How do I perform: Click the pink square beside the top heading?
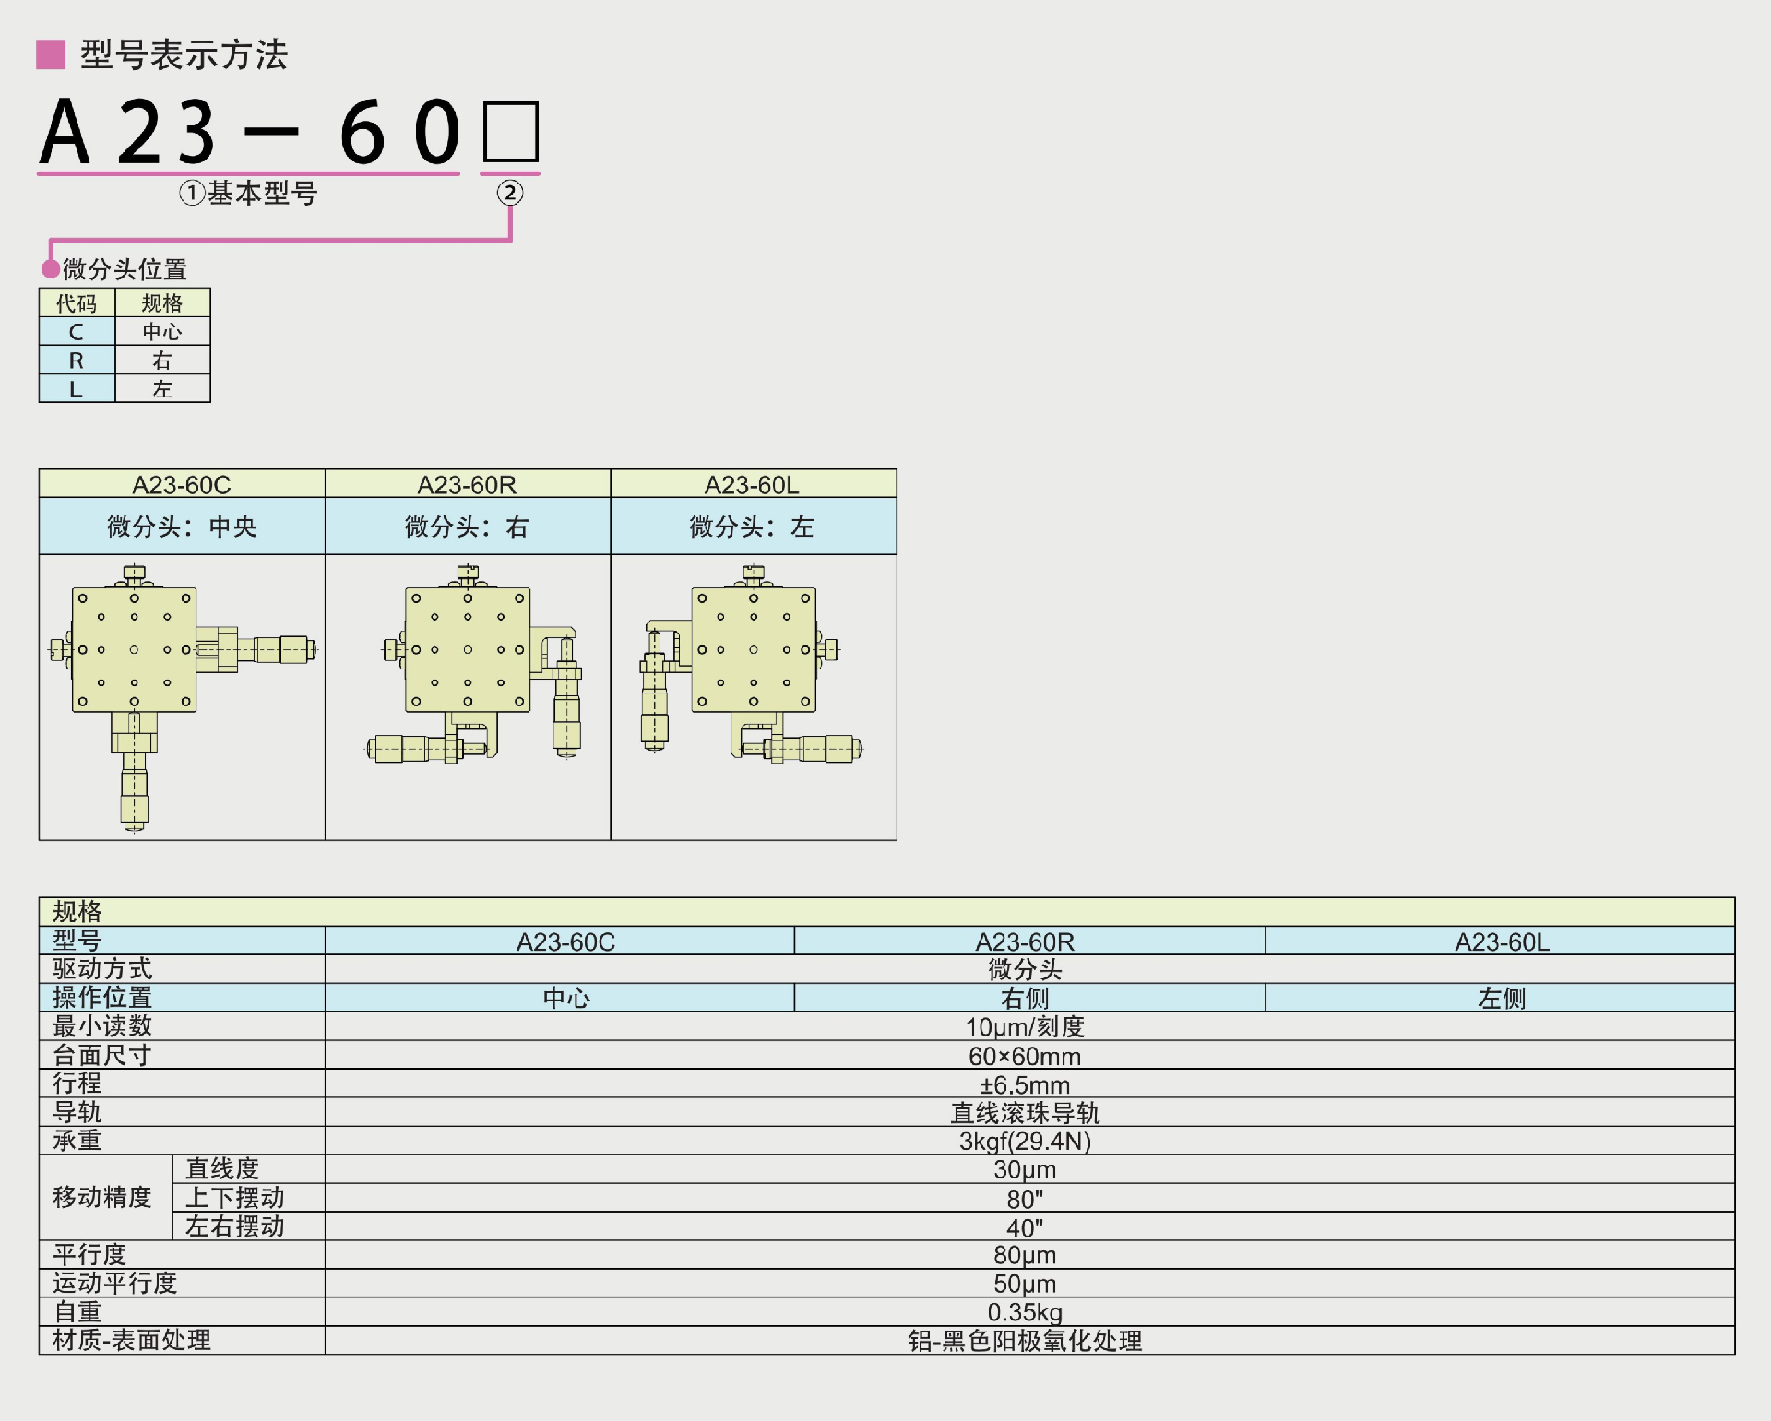(x=51, y=54)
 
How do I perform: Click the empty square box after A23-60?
(x=510, y=132)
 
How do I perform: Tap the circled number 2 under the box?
(x=510, y=193)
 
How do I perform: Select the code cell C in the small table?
(x=77, y=332)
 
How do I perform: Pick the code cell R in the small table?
(x=77, y=361)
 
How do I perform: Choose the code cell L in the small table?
(x=77, y=389)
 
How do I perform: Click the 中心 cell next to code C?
(x=162, y=332)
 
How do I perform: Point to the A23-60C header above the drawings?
(x=182, y=485)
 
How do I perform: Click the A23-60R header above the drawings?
(x=467, y=485)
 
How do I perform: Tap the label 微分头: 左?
(x=752, y=527)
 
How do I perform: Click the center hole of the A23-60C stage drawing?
(x=135, y=650)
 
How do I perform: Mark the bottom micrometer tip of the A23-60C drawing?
(x=135, y=826)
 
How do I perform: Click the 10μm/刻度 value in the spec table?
(x=1025, y=1027)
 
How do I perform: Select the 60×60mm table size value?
(x=1025, y=1056)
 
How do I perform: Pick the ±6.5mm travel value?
(x=1025, y=1084)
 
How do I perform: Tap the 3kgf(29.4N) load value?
(x=1025, y=1142)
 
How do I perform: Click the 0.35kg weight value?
(x=1025, y=1312)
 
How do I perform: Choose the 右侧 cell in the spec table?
(x=1025, y=999)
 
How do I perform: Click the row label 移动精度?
(x=102, y=1198)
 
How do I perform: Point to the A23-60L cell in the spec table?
(x=1502, y=942)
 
